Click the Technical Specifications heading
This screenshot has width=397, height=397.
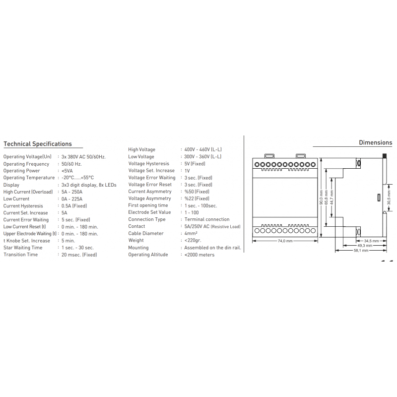(38, 144)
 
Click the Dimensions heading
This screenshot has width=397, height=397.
(375, 142)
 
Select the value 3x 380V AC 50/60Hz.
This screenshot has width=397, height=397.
(83, 157)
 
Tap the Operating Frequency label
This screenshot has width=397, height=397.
(26, 164)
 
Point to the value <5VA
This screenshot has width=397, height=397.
(67, 171)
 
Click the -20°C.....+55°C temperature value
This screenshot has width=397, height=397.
(77, 178)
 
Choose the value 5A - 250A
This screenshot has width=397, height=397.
(72, 192)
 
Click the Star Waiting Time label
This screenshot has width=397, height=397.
(23, 248)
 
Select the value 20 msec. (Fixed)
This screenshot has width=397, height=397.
(79, 255)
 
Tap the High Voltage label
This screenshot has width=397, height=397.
(142, 149)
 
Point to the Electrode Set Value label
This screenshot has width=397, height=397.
(149, 212)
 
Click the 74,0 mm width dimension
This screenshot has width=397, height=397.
(285, 241)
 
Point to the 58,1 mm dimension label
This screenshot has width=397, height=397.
(361, 251)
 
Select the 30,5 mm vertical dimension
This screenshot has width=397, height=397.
(389, 195)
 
